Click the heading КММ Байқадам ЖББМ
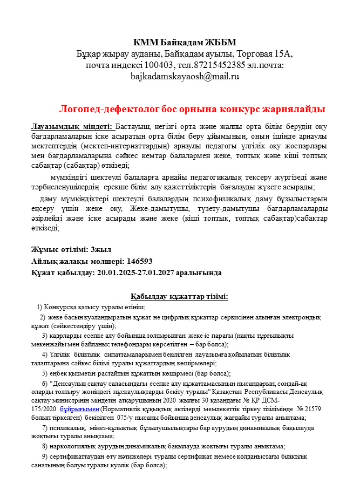185,42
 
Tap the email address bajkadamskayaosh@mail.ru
185,76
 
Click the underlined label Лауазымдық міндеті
72,126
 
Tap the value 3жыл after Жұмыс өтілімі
101,249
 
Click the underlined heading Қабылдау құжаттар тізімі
179,296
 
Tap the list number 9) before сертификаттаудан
45,456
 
